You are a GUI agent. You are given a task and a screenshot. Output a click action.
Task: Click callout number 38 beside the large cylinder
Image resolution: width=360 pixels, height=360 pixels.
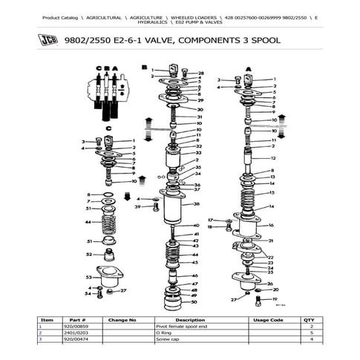coord(197,203)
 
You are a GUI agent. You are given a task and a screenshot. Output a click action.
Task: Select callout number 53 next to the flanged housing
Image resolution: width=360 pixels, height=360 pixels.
coord(88,278)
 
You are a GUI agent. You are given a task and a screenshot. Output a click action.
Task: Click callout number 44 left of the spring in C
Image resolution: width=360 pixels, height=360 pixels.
coord(88,222)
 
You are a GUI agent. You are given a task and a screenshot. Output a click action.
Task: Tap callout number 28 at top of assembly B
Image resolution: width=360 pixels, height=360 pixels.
coord(200,73)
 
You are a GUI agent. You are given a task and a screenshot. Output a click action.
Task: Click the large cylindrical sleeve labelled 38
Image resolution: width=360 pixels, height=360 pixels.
coord(175,204)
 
